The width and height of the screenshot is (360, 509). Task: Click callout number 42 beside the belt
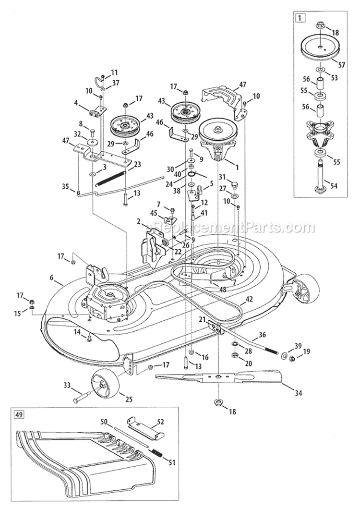pos(249,298)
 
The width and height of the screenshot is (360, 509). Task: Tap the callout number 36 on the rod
pos(262,335)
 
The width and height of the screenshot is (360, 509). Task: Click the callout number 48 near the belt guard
pos(209,290)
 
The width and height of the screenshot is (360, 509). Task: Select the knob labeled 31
pos(235,185)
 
